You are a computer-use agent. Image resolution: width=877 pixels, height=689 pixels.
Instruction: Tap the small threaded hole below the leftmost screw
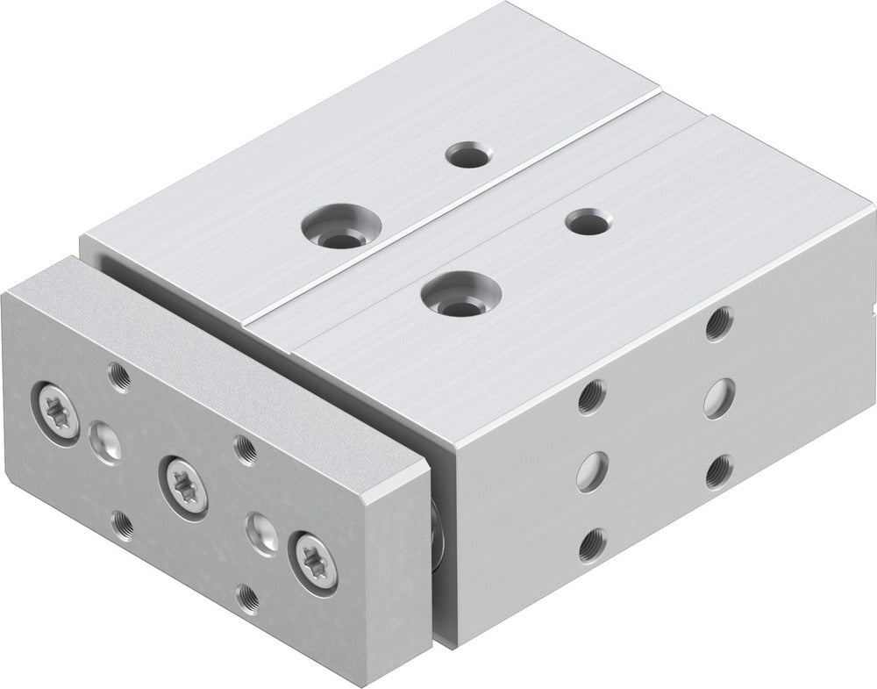click(123, 525)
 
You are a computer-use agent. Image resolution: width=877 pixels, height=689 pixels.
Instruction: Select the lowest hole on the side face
click(594, 544)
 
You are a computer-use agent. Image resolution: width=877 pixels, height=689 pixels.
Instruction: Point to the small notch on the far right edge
click(870, 308)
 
